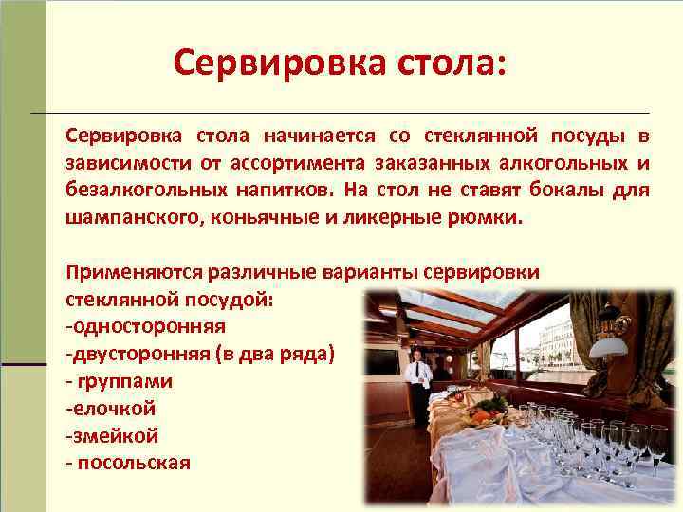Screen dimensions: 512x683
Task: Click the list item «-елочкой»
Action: (x=110, y=409)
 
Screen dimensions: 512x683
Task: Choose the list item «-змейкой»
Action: (x=112, y=436)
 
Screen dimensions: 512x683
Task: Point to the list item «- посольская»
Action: (x=128, y=464)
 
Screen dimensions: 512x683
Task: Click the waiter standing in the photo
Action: (x=417, y=384)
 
